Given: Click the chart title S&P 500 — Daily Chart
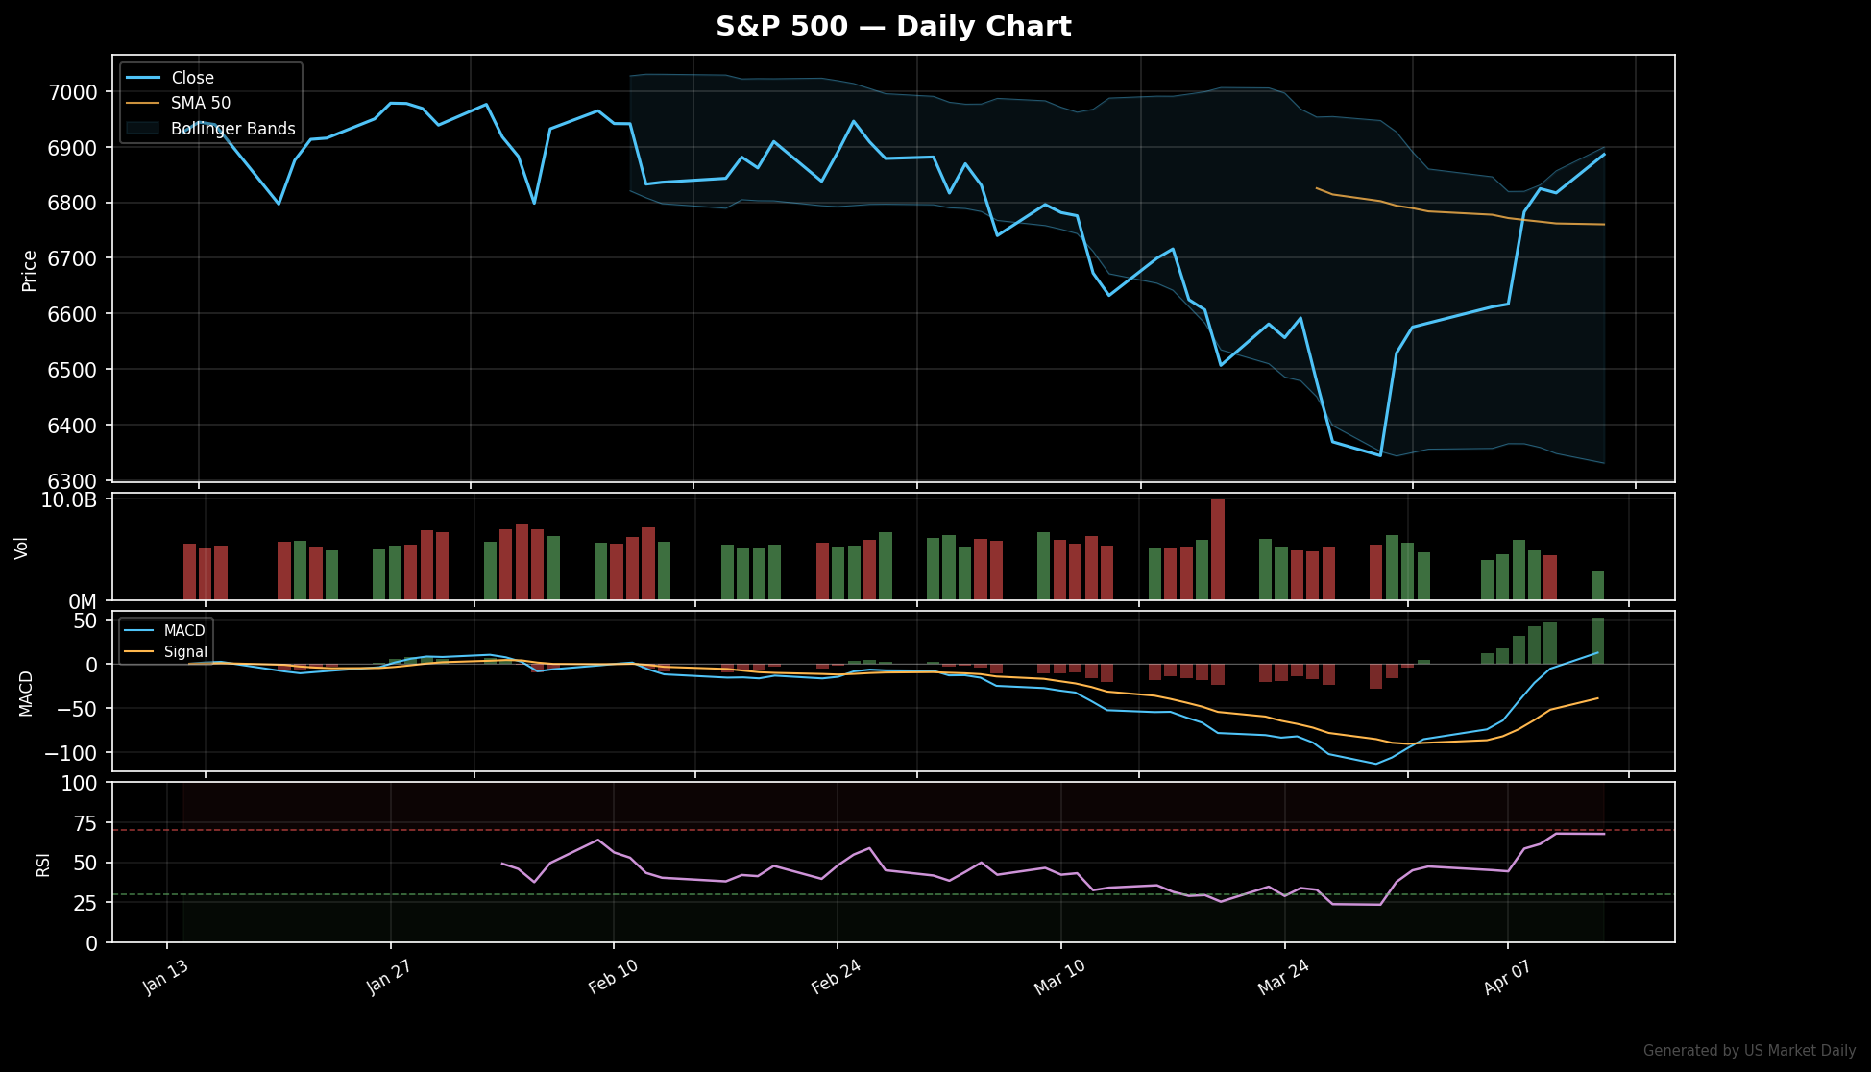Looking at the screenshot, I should pos(893,27).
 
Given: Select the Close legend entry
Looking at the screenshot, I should pos(192,78).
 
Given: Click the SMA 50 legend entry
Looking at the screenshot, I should pos(201,103).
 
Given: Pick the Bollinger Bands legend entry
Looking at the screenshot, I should pos(232,129).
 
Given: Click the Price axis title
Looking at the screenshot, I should pos(30,270).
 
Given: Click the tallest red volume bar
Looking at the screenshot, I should pos(1218,548).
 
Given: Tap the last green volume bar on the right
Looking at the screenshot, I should pos(1597,585).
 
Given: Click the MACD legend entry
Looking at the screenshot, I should pos(183,631).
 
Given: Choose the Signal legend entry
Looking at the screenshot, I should pos(185,652).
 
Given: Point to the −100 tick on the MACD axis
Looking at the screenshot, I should pos(70,752).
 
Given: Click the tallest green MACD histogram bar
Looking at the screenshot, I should pos(1597,641).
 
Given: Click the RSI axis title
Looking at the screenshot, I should pos(43,864).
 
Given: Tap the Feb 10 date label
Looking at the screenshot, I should pos(613,978).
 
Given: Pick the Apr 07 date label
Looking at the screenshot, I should pos(1506,978).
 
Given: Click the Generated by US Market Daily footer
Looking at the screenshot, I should pos(1749,1051).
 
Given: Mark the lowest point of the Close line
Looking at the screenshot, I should pos(1380,455).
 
